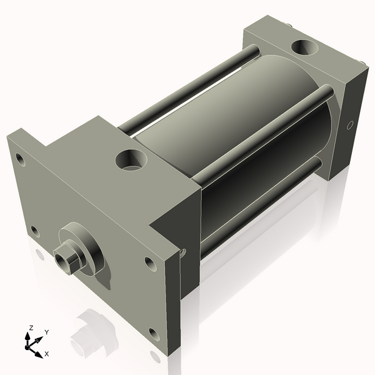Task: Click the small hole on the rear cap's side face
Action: click(349, 124)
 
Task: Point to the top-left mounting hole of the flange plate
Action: click(20, 159)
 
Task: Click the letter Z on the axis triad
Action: click(30, 327)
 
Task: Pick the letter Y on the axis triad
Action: click(46, 332)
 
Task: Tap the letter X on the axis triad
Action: click(47, 354)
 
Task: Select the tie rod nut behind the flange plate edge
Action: click(183, 252)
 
